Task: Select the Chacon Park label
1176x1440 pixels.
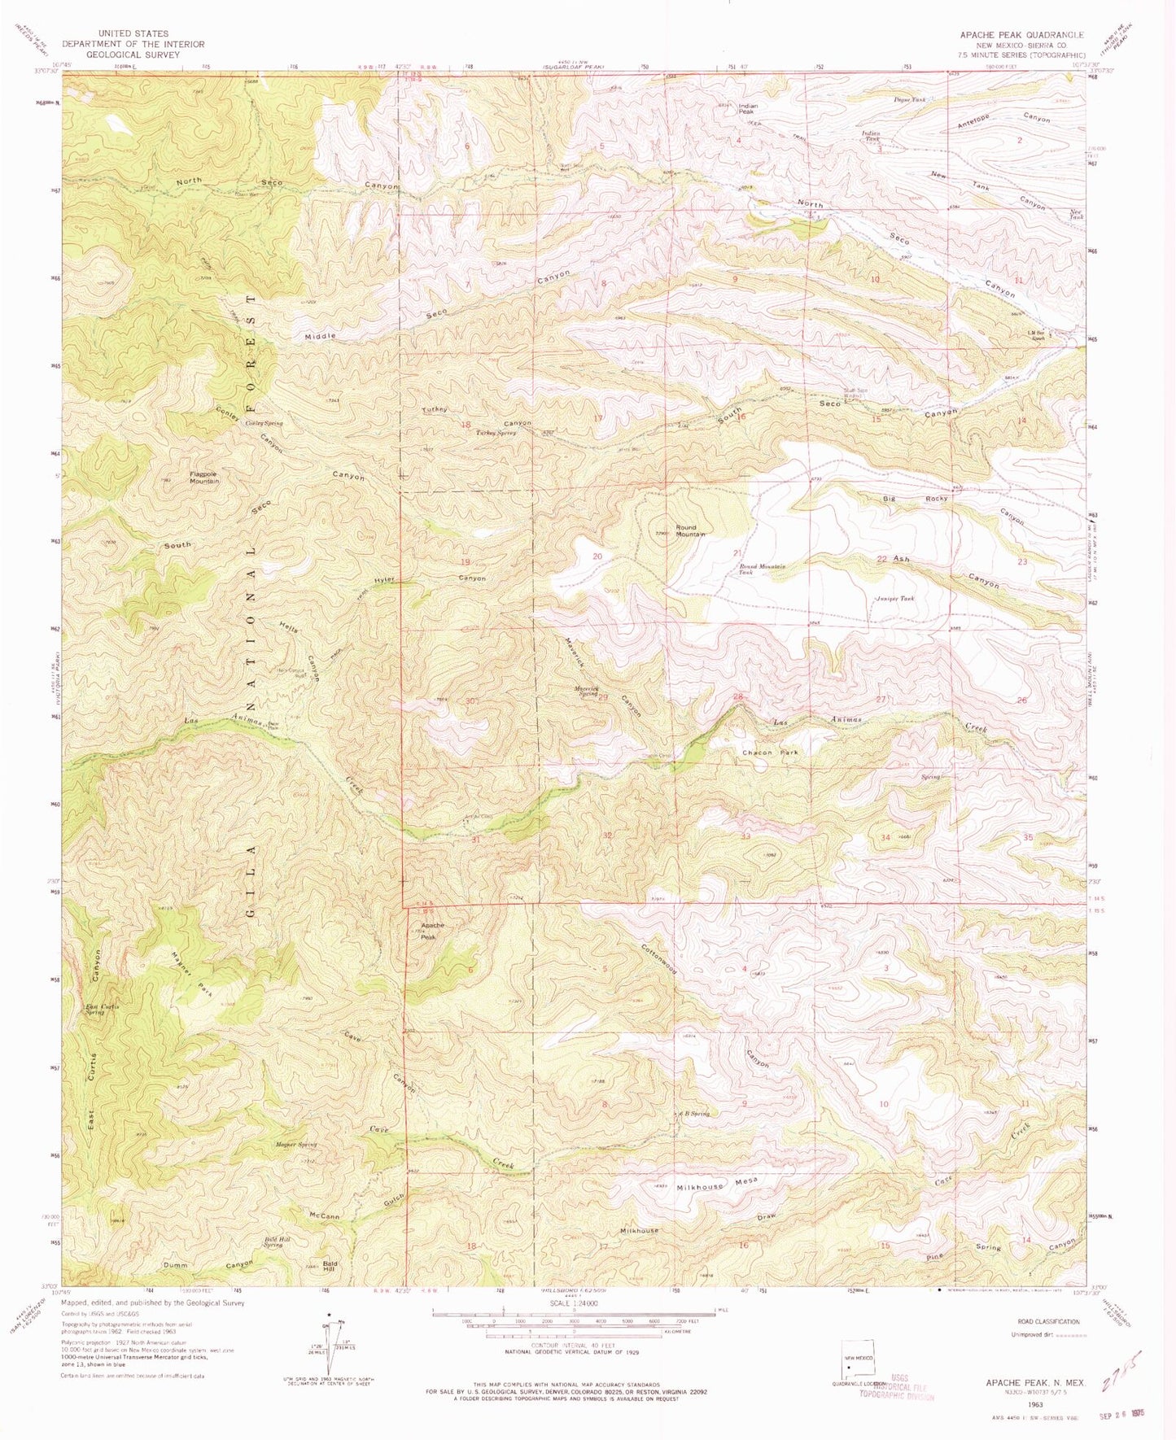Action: pyautogui.click(x=769, y=753)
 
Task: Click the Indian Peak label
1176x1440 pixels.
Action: pyautogui.click(x=748, y=108)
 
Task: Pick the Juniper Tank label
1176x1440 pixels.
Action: pyautogui.click(x=895, y=598)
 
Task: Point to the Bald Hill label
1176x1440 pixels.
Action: pyautogui.click(x=329, y=1267)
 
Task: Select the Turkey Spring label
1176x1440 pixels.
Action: pyautogui.click(x=499, y=433)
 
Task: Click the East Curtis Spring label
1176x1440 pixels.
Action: pyautogui.click(x=103, y=1010)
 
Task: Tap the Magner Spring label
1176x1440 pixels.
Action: pyautogui.click(x=296, y=1145)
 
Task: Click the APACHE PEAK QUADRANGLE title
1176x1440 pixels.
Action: pyautogui.click(x=1021, y=35)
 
